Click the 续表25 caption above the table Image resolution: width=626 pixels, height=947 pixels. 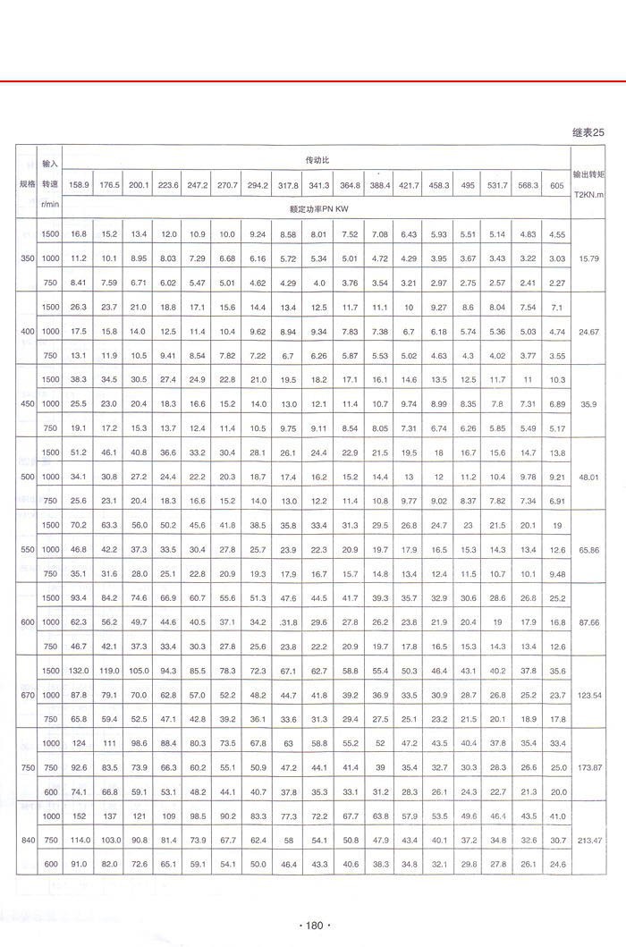point(588,132)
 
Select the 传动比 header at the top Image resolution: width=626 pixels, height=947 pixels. point(317,158)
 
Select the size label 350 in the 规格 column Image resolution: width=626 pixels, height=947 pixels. point(26,258)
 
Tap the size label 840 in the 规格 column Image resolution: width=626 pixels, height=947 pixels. point(26,841)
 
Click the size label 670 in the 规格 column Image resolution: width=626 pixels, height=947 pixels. point(26,695)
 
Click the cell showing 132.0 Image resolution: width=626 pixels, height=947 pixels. point(79,671)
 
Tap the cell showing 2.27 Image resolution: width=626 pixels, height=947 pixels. point(557,283)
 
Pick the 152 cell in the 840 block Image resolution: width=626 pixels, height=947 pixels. point(79,816)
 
